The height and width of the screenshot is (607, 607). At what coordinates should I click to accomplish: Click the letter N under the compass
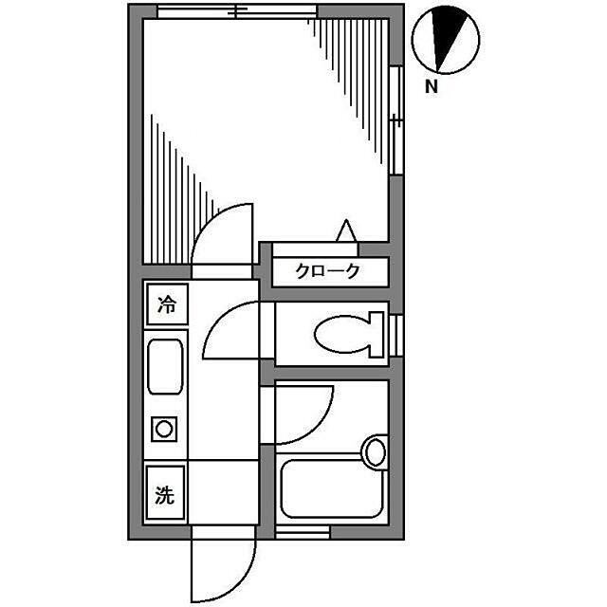point(432,86)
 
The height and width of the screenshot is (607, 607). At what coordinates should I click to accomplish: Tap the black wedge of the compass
point(448,33)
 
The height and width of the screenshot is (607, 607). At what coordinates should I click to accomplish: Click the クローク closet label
point(327,271)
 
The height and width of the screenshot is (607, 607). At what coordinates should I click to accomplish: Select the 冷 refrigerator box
point(167,304)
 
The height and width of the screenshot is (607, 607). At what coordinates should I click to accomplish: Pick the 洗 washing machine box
point(165,492)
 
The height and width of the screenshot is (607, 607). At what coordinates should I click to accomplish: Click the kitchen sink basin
point(165,367)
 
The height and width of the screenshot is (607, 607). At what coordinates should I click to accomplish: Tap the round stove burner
point(164,429)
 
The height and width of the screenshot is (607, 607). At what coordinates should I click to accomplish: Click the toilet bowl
point(340,335)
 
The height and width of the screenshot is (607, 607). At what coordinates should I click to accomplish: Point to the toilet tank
point(377,335)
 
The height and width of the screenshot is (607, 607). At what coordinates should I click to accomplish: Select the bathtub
point(332,488)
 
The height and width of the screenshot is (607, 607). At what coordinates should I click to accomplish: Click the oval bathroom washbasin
point(376,451)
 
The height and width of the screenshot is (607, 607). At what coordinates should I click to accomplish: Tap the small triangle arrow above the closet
point(346,230)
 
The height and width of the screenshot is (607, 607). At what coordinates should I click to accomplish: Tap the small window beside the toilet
point(396,335)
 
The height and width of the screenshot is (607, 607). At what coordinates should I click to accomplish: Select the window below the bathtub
point(302,532)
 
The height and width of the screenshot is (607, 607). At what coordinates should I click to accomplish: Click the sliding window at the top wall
point(237,11)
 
